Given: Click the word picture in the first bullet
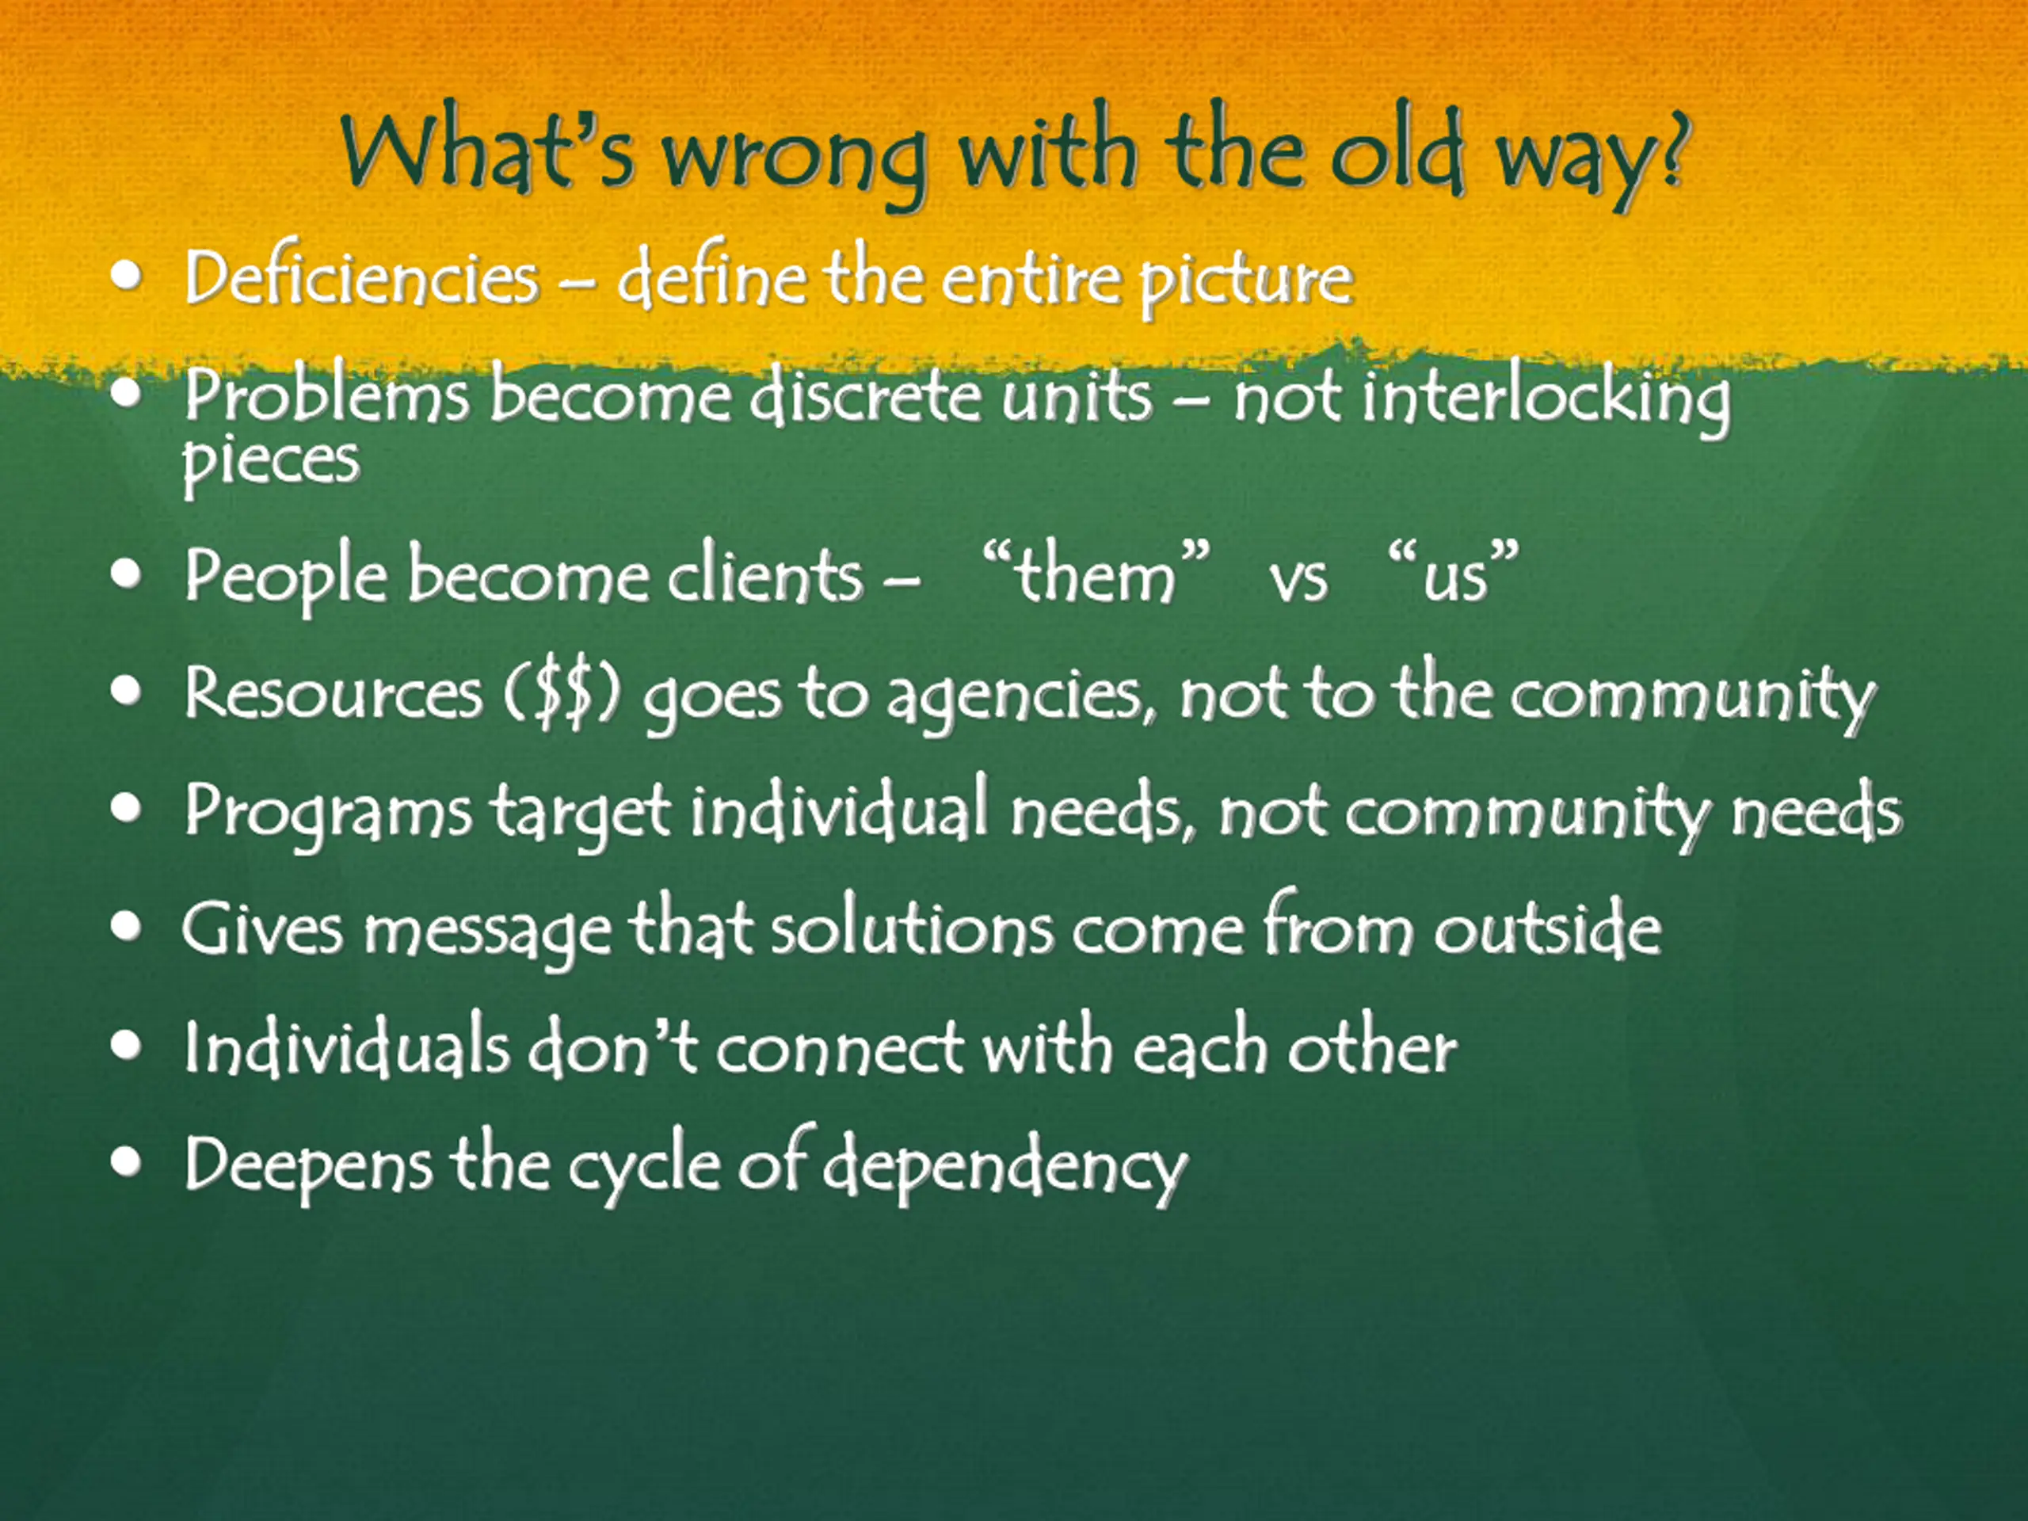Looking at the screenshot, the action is pos(1246,280).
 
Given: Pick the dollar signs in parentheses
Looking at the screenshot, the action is pos(561,694).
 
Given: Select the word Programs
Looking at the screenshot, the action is pos(328,812).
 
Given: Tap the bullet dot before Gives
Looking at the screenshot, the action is pos(127,926).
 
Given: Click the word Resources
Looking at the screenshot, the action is pos(333,692).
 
